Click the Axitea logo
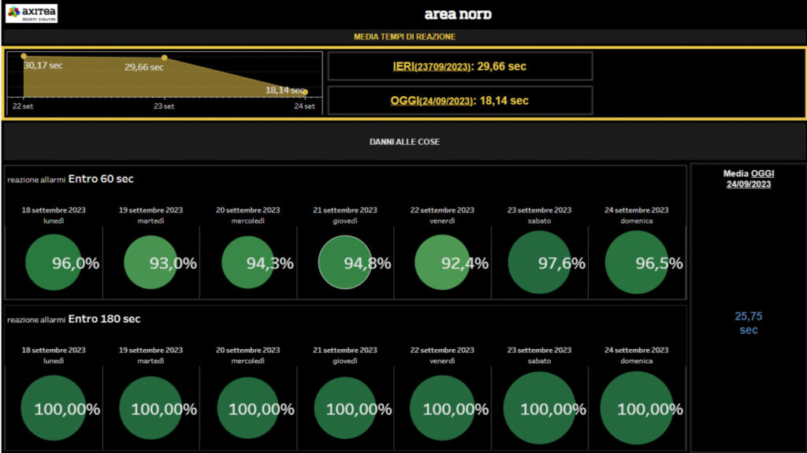(x=32, y=13)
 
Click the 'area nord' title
(x=458, y=14)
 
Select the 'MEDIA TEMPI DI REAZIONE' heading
(x=404, y=37)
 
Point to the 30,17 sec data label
(x=43, y=65)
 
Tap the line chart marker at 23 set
(x=164, y=58)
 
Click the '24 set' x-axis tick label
(x=304, y=106)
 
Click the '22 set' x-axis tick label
(x=22, y=106)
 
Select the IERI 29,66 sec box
(x=459, y=66)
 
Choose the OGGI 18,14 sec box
(x=459, y=101)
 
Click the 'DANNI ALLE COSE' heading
(x=404, y=142)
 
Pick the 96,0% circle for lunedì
(x=54, y=262)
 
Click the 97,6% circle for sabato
(x=541, y=262)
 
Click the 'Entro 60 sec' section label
(x=101, y=179)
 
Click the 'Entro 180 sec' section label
(x=104, y=319)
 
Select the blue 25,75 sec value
(x=748, y=323)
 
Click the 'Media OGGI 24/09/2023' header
(x=748, y=179)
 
